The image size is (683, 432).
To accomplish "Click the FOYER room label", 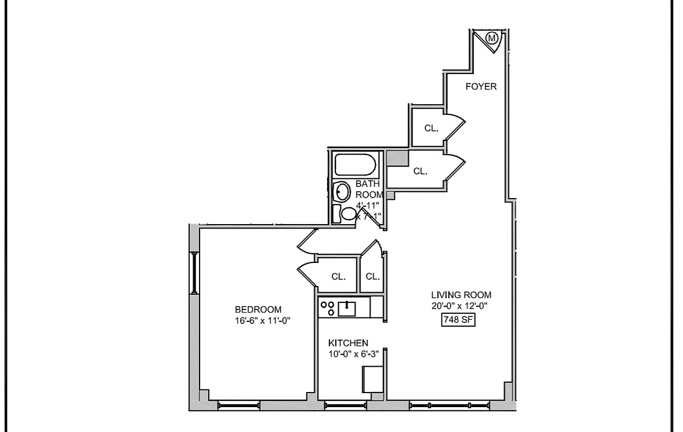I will [481, 86].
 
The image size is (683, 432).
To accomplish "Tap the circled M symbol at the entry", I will [492, 38].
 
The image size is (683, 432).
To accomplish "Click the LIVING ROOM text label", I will [461, 295].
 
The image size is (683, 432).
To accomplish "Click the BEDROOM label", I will [258, 309].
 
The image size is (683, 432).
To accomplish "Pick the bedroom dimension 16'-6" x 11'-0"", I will [263, 320].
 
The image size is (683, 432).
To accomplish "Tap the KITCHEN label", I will [348, 343].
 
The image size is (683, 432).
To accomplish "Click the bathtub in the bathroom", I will [355, 165].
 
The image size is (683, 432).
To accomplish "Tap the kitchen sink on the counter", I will [346, 308].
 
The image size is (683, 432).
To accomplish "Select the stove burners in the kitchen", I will [327, 308].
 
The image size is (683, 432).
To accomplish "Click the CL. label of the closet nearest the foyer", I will [431, 129].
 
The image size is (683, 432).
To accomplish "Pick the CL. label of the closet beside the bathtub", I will [420, 171].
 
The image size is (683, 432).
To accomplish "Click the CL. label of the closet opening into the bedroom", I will [339, 276].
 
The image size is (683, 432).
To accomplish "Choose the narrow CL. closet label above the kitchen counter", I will [373, 276].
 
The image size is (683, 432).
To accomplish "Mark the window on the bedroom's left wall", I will [193, 273].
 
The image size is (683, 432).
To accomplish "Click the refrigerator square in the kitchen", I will [373, 379].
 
